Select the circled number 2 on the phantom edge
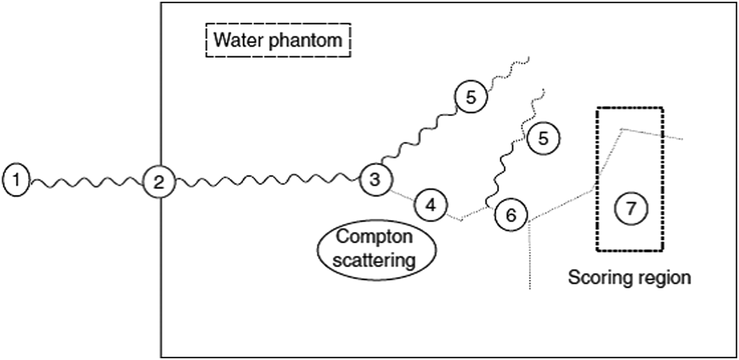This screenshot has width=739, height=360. click(x=158, y=182)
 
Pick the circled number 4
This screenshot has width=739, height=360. click(x=430, y=205)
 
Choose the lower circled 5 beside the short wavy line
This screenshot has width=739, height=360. click(x=542, y=139)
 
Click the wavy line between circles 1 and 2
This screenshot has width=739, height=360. click(x=88, y=182)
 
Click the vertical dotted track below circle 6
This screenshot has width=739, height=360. click(x=529, y=257)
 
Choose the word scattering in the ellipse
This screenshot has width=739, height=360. click(x=374, y=259)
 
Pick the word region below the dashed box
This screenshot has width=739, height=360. click(x=665, y=277)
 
